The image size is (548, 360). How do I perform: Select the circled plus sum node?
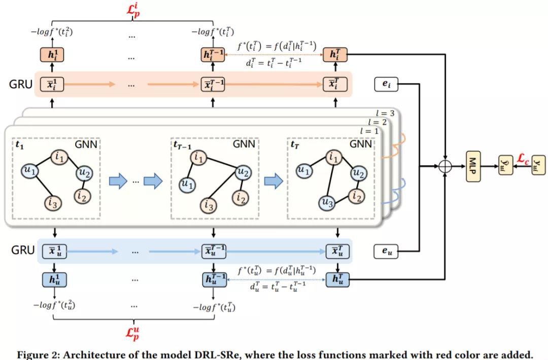tap(445, 166)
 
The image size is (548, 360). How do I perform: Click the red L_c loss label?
tap(522, 159)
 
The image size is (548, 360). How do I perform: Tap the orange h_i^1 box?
tap(53, 55)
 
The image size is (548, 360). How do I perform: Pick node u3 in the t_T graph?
tap(327, 203)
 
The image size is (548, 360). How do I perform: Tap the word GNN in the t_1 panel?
tap(86, 144)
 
